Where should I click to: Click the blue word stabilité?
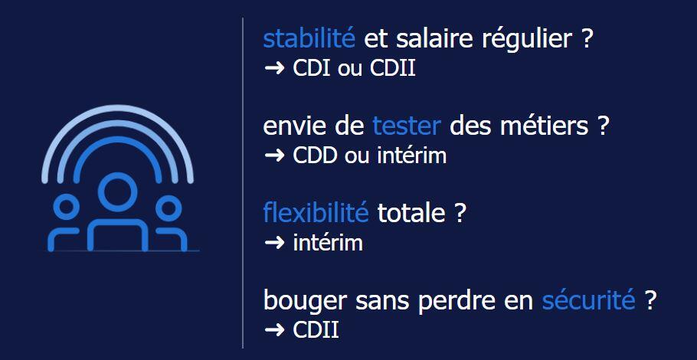[309, 38]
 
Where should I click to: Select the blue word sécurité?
[588, 300]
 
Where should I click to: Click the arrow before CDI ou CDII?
[274, 68]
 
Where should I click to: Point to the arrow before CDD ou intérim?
[274, 155]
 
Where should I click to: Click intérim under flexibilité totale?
[328, 243]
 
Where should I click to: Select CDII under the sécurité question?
[316, 330]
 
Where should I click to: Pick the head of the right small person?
[167, 206]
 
